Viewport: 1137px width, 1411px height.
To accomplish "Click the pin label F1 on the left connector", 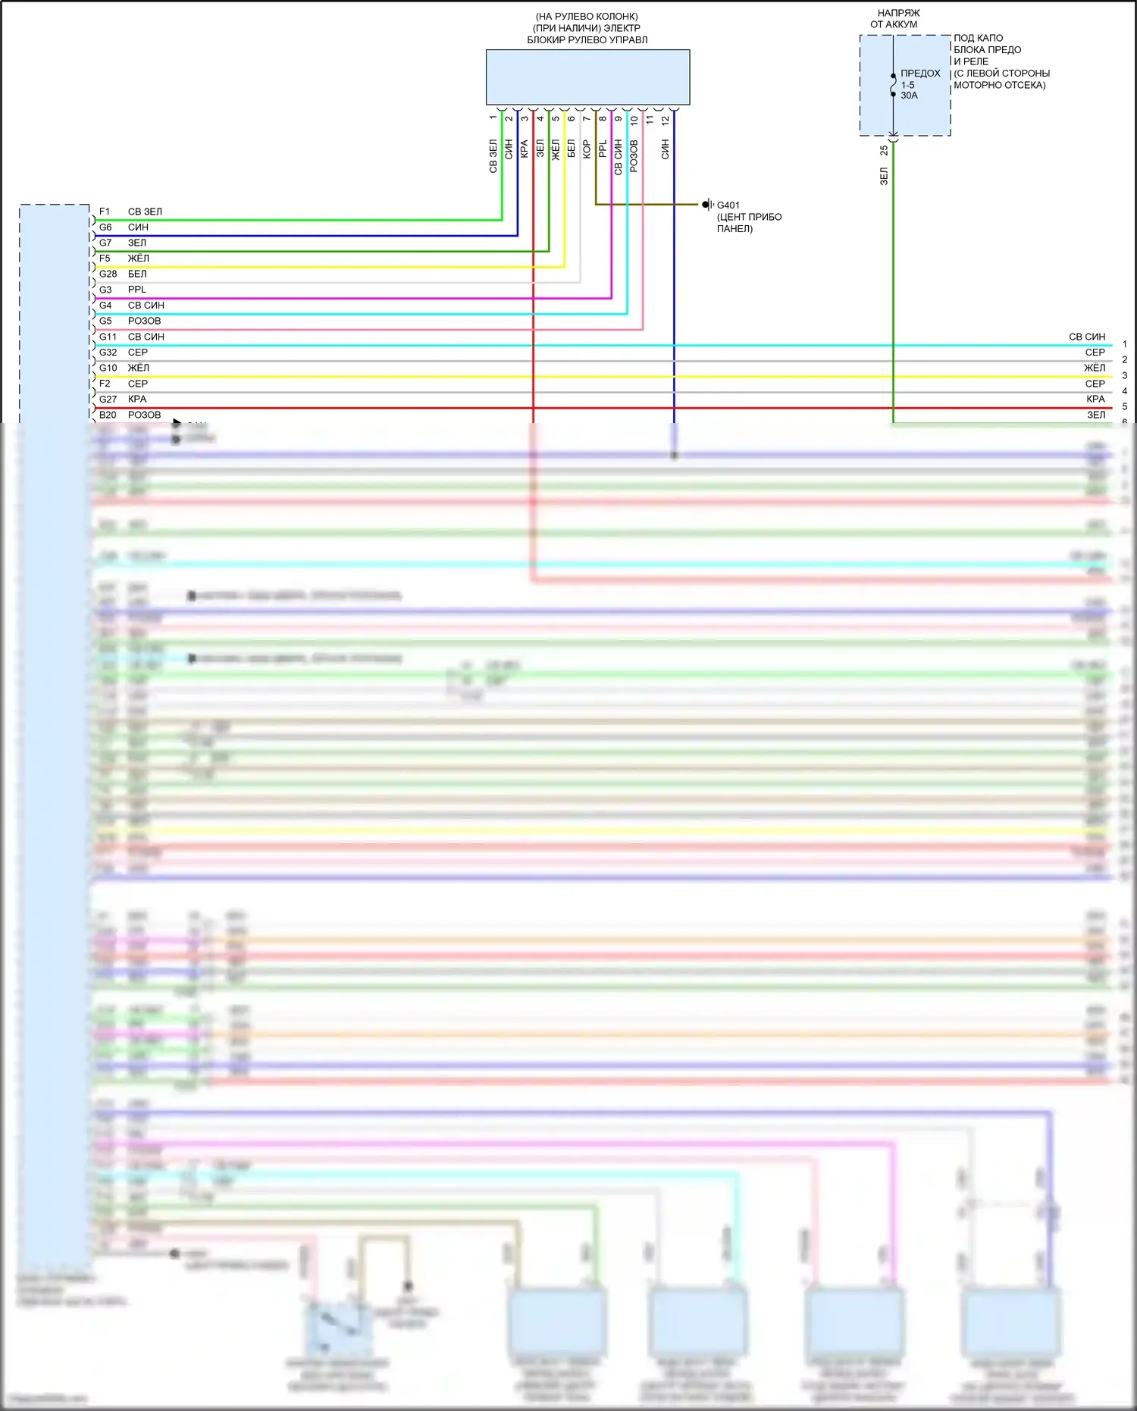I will click(x=105, y=212).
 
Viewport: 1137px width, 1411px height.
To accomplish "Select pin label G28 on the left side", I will click(x=108, y=274).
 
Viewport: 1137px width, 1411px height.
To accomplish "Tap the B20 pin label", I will click(x=108, y=415).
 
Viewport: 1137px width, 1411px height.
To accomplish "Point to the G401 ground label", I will click(x=728, y=205).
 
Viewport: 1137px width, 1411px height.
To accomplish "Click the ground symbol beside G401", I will click(x=706, y=205).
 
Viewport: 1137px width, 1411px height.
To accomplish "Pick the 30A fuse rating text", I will click(x=909, y=96).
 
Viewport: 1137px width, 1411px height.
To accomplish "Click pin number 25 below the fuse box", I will click(x=884, y=151).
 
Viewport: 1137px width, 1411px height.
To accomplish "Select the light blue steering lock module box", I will click(x=587, y=77).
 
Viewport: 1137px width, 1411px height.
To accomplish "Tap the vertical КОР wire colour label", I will click(x=587, y=149).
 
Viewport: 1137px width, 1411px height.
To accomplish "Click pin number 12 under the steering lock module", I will click(x=666, y=120).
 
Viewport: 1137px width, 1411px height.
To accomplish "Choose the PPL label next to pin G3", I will click(x=137, y=290).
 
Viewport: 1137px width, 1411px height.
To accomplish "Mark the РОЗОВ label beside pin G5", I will click(x=144, y=321).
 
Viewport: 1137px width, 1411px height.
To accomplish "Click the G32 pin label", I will click(x=108, y=352).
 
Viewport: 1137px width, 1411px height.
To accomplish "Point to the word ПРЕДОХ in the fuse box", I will click(x=920, y=74).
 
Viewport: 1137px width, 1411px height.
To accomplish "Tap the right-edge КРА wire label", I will click(x=1095, y=399).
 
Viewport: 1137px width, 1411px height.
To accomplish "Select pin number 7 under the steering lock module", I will click(x=587, y=118).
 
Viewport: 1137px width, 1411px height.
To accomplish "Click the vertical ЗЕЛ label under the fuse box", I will click(x=884, y=177).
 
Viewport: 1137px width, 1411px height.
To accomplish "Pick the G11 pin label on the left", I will click(x=108, y=337).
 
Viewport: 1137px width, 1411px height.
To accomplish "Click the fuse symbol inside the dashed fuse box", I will click(x=893, y=85).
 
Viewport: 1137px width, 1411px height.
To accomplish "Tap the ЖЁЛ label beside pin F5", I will click(x=138, y=259).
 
